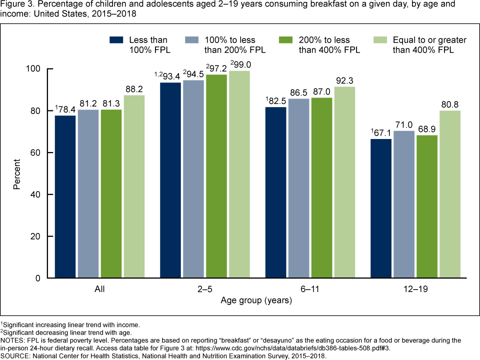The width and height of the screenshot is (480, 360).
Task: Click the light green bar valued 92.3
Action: click(x=344, y=182)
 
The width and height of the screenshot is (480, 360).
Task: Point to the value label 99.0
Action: click(x=242, y=64)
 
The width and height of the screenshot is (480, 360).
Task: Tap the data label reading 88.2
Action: click(x=134, y=88)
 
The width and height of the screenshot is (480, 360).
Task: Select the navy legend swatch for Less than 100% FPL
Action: click(x=117, y=40)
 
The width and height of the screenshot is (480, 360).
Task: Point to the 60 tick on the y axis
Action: click(x=37, y=152)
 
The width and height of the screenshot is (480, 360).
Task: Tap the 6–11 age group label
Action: click(x=309, y=289)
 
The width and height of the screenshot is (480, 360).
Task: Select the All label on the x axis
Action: click(x=99, y=289)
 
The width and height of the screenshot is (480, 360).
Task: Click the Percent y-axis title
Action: click(x=16, y=173)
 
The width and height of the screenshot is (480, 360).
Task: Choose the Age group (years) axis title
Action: click(x=256, y=301)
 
